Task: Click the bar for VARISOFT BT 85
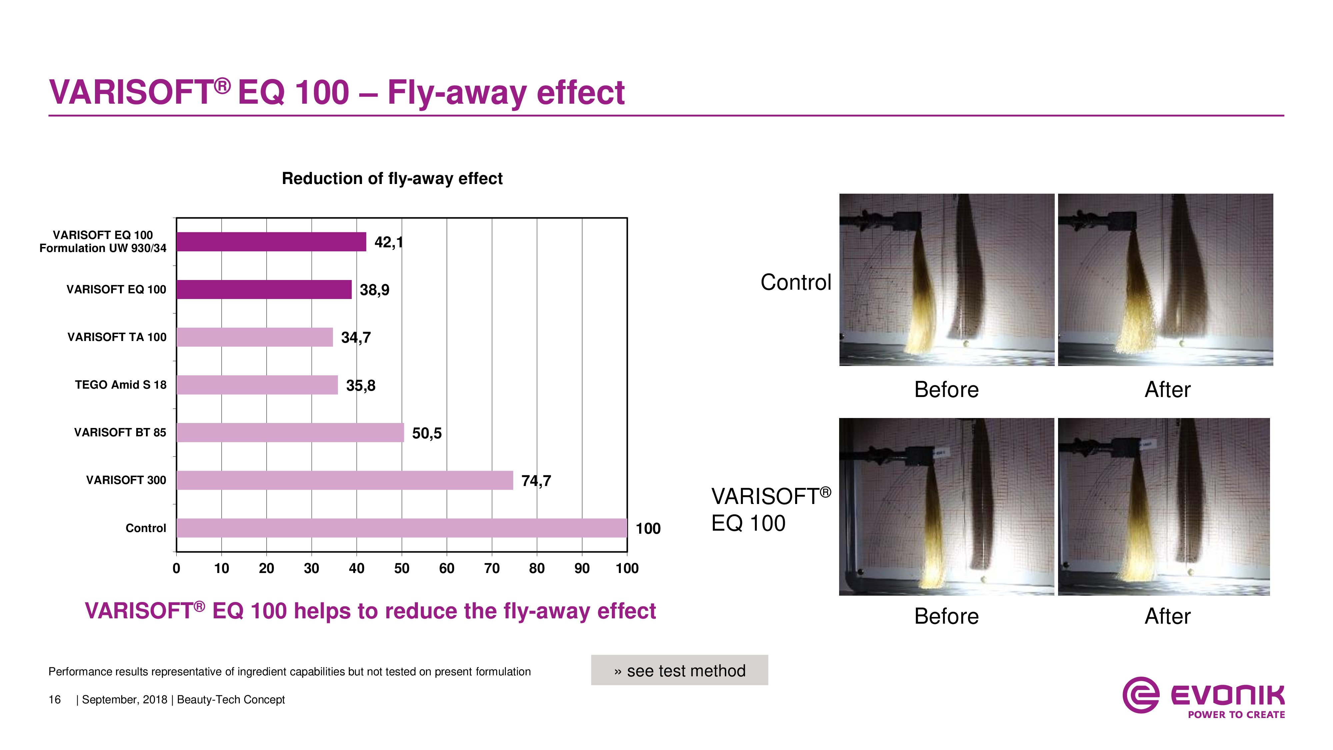(x=290, y=433)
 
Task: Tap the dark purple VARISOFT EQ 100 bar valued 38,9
(x=264, y=289)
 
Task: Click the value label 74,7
(x=536, y=481)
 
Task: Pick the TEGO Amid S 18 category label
(x=121, y=385)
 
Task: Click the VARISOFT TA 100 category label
(x=117, y=337)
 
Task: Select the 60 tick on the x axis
(x=447, y=568)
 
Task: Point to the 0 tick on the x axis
(x=177, y=568)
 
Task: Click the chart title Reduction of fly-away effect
(x=392, y=179)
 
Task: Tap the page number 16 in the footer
(x=54, y=700)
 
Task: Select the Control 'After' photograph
(x=1165, y=280)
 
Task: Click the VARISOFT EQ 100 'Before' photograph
(x=946, y=507)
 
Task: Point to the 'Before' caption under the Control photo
(x=946, y=390)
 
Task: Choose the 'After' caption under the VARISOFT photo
(x=1167, y=616)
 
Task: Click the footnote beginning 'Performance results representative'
(x=290, y=672)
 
